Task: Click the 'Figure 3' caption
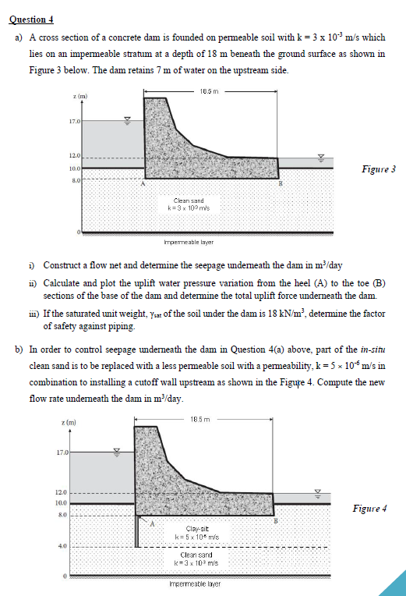pyautogui.click(x=379, y=169)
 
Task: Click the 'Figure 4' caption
pyautogui.click(x=369, y=509)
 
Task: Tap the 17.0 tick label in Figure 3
pyautogui.click(x=73, y=121)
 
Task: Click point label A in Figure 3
pyautogui.click(x=143, y=184)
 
